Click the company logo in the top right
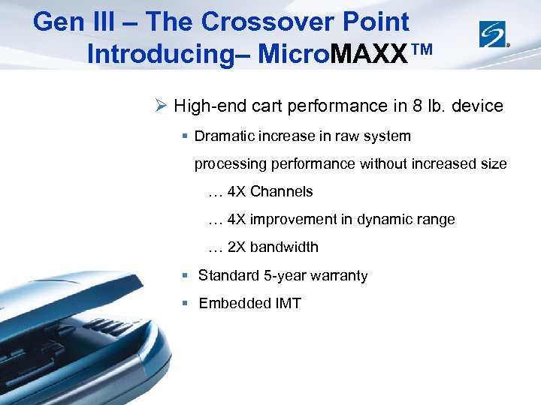coord(494,33)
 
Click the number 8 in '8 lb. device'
coord(418,106)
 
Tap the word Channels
coord(281,191)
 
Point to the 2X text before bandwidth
coord(236,247)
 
